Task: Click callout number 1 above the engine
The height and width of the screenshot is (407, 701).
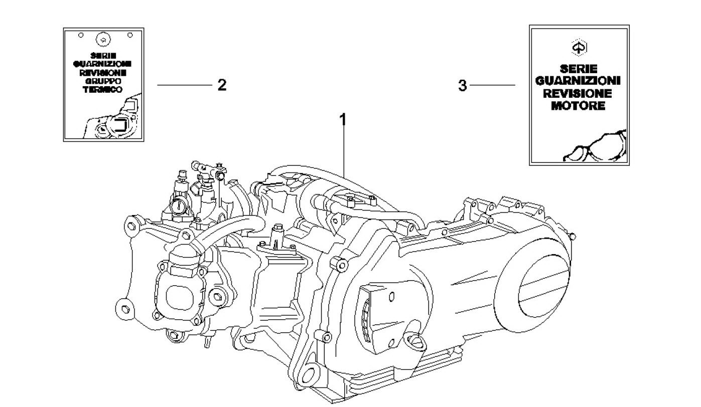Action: tap(343, 120)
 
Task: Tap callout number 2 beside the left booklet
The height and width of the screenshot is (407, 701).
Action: tap(222, 85)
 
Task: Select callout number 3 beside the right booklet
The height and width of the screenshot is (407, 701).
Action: tap(462, 86)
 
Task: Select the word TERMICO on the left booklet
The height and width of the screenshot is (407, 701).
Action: tap(104, 88)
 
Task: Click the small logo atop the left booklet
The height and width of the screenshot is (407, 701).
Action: tap(104, 39)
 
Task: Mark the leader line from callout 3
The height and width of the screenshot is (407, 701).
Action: tap(493, 85)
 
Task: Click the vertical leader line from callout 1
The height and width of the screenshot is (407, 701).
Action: tap(344, 150)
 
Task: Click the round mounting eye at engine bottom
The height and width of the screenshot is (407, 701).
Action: tap(310, 374)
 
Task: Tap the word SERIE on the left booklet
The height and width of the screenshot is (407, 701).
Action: tap(104, 56)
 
